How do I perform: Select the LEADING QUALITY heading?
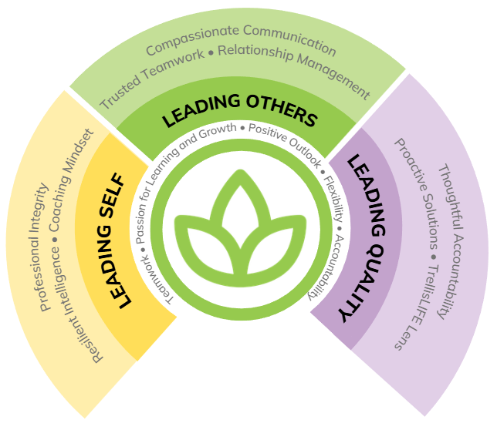(366, 237)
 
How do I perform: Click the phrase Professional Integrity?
(39, 247)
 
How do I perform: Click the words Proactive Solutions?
(418, 193)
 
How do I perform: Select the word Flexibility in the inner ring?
(334, 198)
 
